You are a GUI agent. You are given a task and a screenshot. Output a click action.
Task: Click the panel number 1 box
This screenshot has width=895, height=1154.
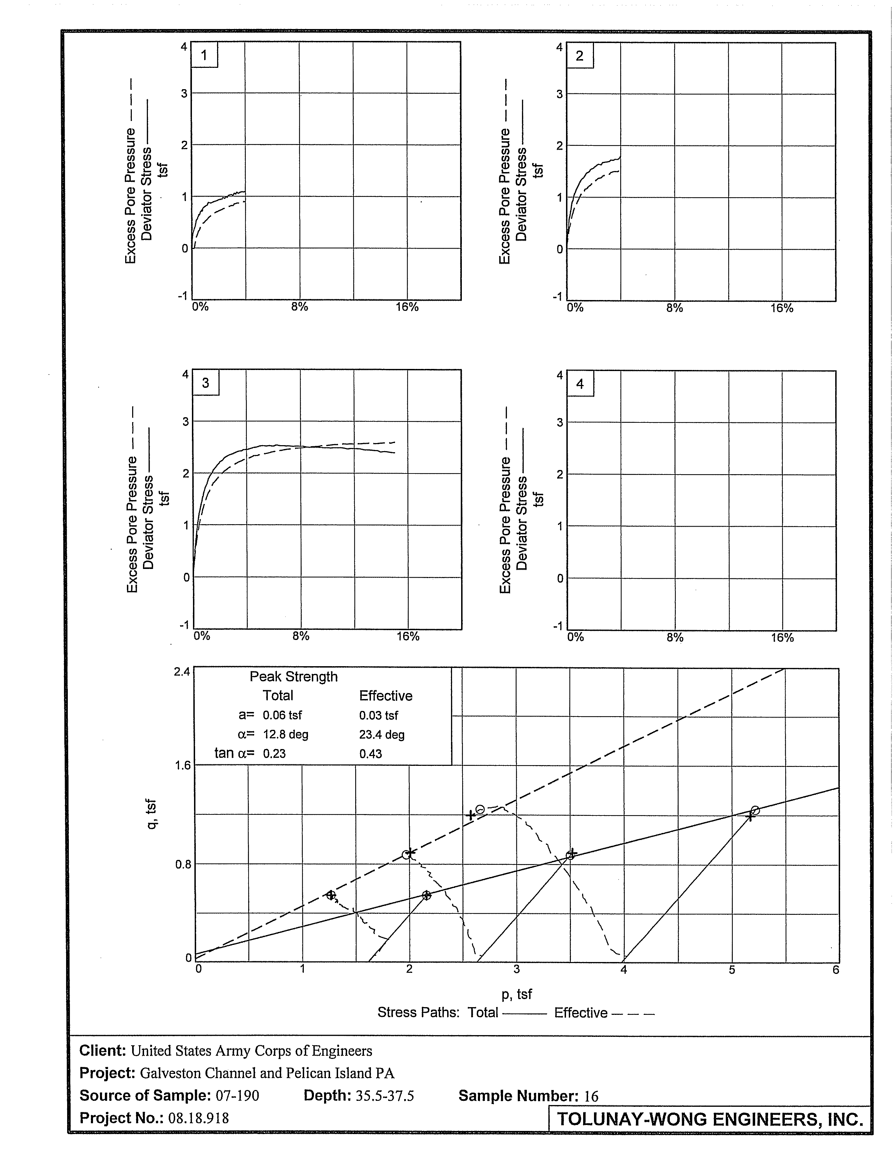204,55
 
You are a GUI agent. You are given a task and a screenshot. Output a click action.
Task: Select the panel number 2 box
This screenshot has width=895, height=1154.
580,56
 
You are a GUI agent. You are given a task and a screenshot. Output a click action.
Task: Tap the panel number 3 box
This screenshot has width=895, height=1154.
206,383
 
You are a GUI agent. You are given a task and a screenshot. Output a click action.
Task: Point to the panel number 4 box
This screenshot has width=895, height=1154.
580,384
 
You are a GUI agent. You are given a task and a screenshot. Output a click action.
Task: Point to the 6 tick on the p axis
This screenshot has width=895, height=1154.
835,970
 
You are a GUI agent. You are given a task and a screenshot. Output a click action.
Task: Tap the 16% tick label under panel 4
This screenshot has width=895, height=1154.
782,638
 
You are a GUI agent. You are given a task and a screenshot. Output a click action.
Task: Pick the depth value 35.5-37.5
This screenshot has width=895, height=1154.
385,1096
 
